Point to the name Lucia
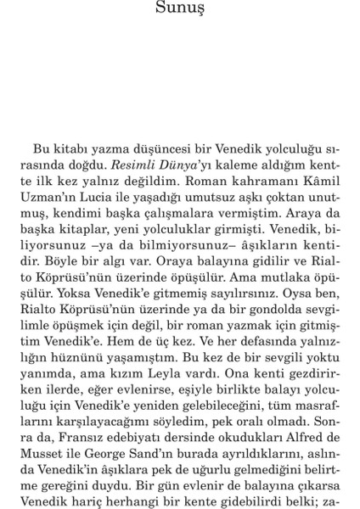[x=100, y=196]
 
